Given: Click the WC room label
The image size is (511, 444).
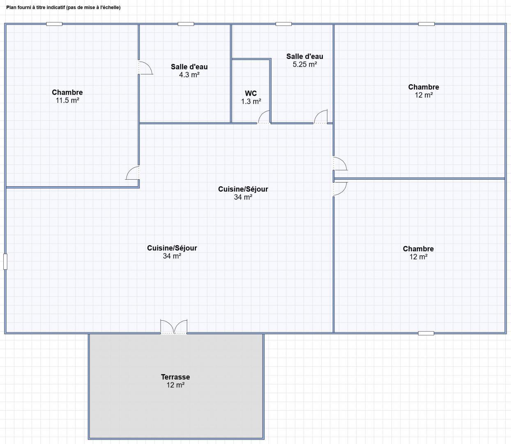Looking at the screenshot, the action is (251, 93).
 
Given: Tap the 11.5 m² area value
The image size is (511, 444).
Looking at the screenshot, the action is (67, 100).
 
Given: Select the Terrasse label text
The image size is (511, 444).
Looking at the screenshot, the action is (175, 377).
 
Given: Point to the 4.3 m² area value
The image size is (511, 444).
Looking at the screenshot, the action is (189, 75).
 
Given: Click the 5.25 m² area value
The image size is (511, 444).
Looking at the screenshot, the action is (305, 64).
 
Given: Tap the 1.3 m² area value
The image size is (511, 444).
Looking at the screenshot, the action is (251, 102).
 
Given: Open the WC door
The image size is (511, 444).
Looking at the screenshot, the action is (264, 117).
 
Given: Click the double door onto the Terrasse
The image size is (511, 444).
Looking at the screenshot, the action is (174, 326).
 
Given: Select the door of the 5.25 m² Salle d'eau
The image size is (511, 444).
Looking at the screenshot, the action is (320, 117).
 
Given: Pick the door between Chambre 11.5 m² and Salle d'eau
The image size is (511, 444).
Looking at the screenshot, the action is (145, 68).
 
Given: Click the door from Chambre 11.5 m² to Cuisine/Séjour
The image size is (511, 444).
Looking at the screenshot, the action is (132, 173).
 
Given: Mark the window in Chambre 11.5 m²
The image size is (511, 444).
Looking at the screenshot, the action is (54, 24).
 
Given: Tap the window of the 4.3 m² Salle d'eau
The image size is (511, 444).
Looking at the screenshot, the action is (186, 24).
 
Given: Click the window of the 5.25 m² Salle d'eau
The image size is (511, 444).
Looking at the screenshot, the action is (283, 24).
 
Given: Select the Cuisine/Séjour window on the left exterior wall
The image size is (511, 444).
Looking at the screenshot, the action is (5, 261).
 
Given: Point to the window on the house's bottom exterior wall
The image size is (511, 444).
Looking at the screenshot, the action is (426, 333).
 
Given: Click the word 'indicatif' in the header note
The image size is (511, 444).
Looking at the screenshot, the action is (56, 7).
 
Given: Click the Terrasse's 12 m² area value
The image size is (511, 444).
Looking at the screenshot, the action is (175, 385).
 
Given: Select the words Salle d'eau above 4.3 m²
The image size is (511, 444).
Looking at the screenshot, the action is (189, 67).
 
